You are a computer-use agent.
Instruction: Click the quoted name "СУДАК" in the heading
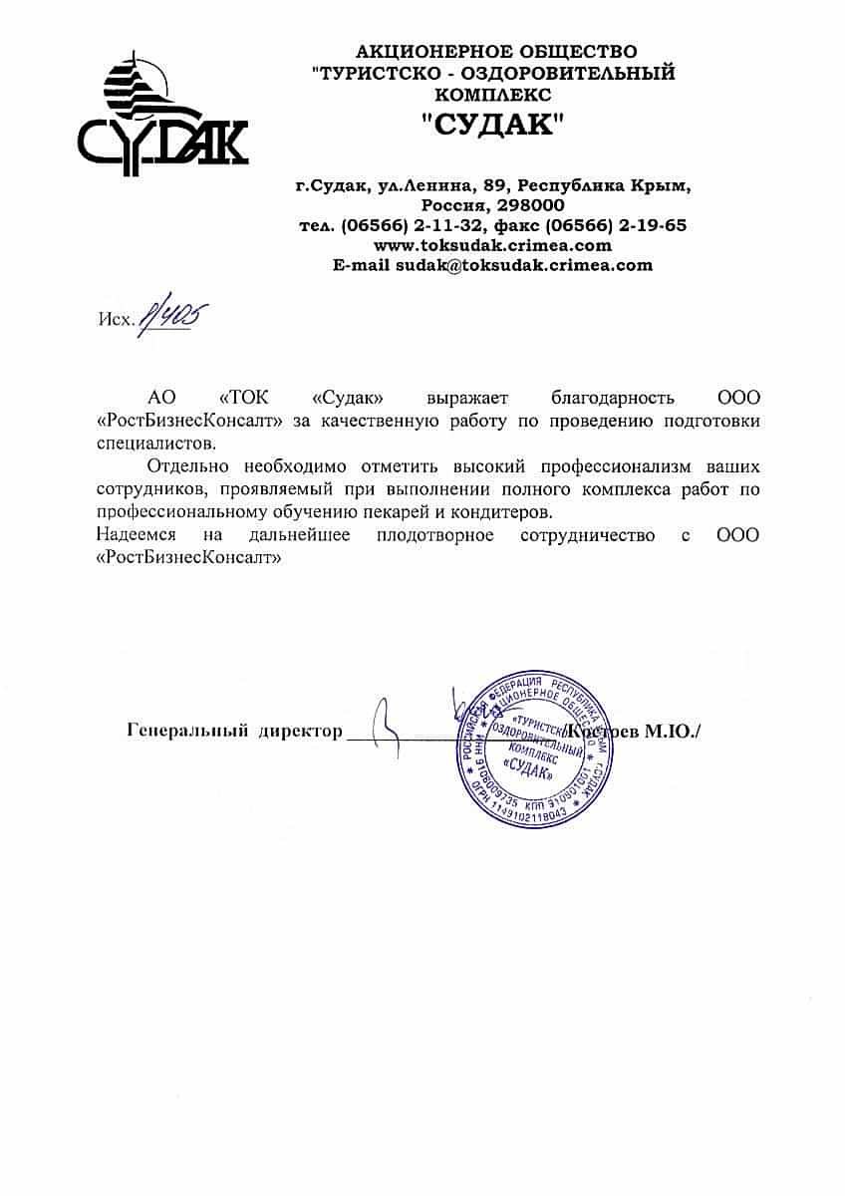point(492,125)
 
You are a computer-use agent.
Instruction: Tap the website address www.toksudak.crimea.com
point(492,245)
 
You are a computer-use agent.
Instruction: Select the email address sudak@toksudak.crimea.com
point(524,265)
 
